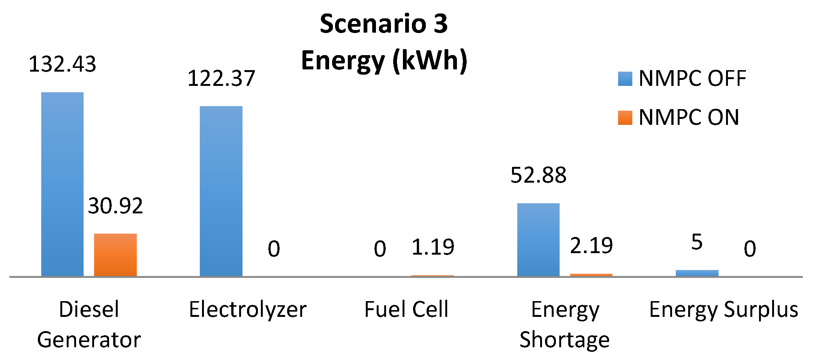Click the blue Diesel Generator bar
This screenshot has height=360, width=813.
point(62,184)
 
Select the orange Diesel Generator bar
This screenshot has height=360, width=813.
point(115,255)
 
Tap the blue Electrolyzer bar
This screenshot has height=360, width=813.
point(221,191)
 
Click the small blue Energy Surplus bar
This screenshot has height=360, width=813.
point(697,273)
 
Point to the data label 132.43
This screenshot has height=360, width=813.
point(62,64)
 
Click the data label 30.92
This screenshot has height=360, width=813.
point(115,206)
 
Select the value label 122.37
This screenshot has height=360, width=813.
point(221,79)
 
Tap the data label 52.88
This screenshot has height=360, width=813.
point(538,175)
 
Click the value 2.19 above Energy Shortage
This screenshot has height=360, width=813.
point(591,246)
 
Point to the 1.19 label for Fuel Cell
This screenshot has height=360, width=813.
point(433,247)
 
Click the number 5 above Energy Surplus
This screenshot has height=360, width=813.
point(697,242)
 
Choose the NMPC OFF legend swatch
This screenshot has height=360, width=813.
point(625,79)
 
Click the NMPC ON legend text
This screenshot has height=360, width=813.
point(689,117)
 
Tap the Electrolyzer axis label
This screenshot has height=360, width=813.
point(248,310)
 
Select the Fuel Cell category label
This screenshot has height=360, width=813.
point(406,309)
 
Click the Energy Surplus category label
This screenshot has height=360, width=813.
point(723,310)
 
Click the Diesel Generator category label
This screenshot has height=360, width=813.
point(89,325)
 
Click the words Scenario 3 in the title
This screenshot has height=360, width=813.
point(383,24)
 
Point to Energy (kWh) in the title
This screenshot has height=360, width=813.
point(384,60)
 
